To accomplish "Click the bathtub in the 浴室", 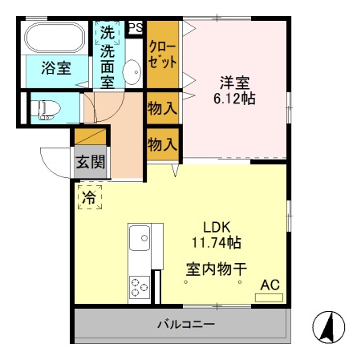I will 55,38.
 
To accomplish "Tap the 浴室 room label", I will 55,68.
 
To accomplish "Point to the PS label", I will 136,27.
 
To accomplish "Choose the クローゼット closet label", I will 163,55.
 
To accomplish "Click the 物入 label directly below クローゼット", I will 163,107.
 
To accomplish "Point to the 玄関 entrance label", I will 90,161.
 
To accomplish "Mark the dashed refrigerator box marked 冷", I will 89,196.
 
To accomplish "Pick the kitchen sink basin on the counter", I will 138,237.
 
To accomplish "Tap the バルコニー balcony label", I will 185,325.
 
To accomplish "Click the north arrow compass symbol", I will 328,326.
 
